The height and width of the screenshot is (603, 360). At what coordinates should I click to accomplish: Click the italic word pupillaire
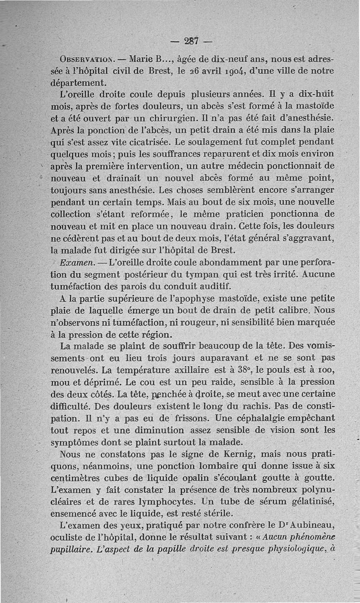72,549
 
